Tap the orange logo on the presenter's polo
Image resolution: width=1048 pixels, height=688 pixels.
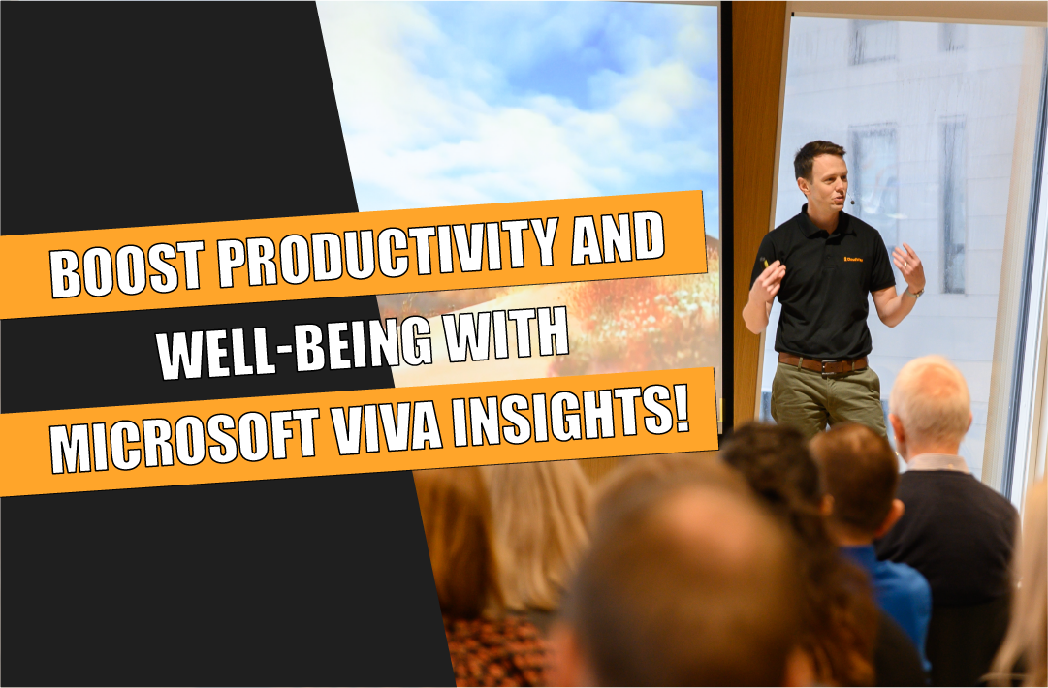click(853, 259)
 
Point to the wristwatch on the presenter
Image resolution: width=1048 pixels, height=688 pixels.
click(916, 291)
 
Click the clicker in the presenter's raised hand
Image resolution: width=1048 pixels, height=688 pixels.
click(765, 263)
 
